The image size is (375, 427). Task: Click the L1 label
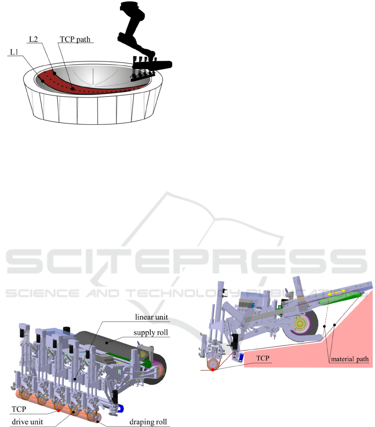pos(14,52)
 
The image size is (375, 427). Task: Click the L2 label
pos(33,39)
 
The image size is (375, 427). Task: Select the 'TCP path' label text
pos(75,40)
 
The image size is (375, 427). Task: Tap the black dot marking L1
pos(43,81)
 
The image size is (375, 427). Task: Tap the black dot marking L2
pos(55,73)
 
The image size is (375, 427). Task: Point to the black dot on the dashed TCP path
pos(72,89)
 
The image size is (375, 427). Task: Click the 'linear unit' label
pos(151,317)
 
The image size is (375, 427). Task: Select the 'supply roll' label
pos(151,332)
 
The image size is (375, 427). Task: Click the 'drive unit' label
pos(27,422)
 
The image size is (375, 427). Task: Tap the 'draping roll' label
pos(148,422)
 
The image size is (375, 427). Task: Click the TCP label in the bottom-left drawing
pos(19,409)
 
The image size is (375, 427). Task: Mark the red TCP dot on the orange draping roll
pos(58,410)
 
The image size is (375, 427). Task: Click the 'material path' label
pos(350,359)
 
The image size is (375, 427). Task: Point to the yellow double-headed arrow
pos(336,292)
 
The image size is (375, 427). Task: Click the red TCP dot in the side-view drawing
pos(213,369)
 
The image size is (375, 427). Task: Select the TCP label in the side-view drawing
pos(263,358)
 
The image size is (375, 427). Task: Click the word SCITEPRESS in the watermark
pos(187,261)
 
